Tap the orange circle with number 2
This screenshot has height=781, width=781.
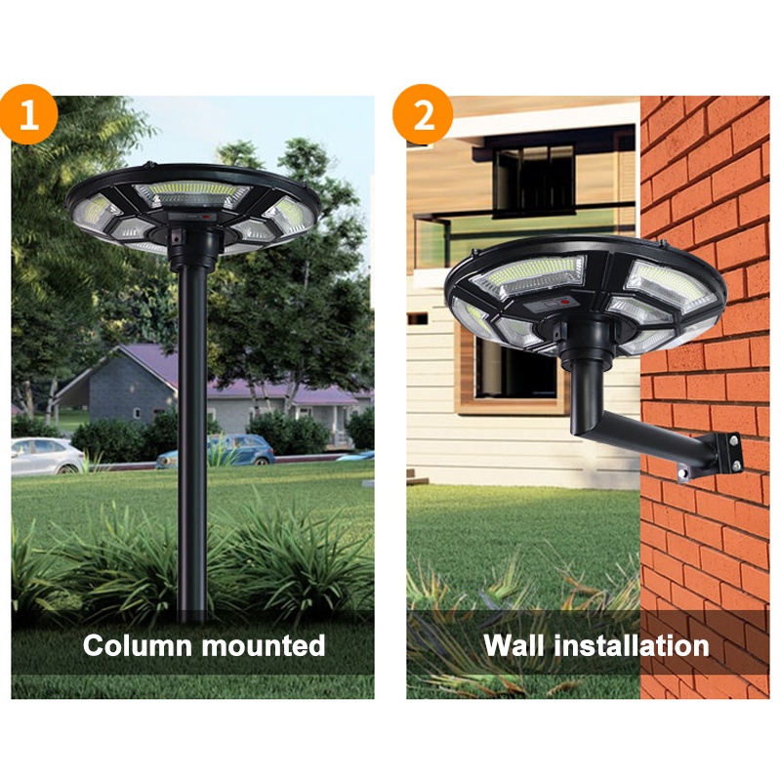point(423,115)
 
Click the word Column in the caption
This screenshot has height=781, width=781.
point(138,645)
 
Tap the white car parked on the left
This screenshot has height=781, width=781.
point(47,455)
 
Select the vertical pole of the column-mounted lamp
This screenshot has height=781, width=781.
point(193,439)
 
